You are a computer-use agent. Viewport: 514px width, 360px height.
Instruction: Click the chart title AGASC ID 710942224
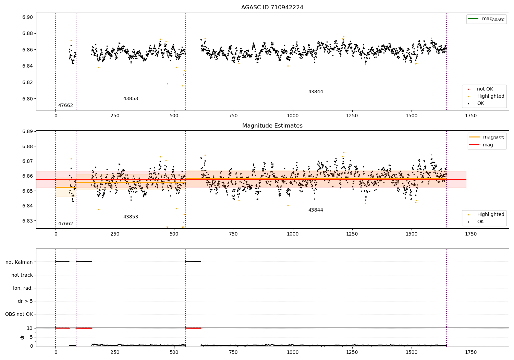point(272,8)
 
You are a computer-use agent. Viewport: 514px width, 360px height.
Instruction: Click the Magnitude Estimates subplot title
point(272,126)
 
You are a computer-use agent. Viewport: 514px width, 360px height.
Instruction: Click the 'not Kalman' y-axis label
point(19,262)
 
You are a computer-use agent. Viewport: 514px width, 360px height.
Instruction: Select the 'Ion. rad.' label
point(23,288)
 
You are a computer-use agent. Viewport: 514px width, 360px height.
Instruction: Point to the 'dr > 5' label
point(25,301)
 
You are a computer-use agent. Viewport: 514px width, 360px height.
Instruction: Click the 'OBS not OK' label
point(19,314)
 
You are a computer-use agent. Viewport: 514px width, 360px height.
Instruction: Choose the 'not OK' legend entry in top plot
point(485,89)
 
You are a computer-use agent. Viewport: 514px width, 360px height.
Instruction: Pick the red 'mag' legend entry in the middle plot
point(488,145)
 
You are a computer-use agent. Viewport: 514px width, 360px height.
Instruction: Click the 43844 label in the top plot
point(316,92)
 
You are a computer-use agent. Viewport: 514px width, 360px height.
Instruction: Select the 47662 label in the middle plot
point(65,224)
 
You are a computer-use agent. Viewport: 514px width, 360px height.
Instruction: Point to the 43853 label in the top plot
point(131,99)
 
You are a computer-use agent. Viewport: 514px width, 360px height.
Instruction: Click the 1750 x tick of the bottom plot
point(471,352)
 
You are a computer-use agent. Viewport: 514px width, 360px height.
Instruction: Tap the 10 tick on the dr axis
point(30,328)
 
